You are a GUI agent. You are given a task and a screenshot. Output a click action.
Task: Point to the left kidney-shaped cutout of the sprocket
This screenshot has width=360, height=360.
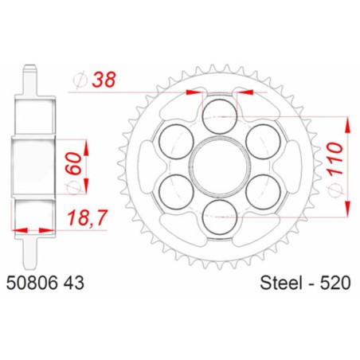(147, 166)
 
